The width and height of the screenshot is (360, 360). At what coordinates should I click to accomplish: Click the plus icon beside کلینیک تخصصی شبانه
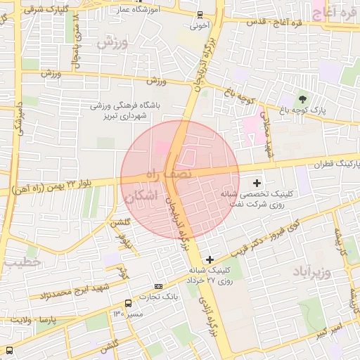pos(257,183)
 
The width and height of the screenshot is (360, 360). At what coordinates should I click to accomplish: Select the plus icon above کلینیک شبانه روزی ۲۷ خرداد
pos(210,260)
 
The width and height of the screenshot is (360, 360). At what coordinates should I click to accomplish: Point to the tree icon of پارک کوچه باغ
pos(303,99)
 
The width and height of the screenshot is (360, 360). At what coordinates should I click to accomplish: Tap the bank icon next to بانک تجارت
pos(158,287)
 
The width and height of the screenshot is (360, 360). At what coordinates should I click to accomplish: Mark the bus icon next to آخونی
pos(200,15)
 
